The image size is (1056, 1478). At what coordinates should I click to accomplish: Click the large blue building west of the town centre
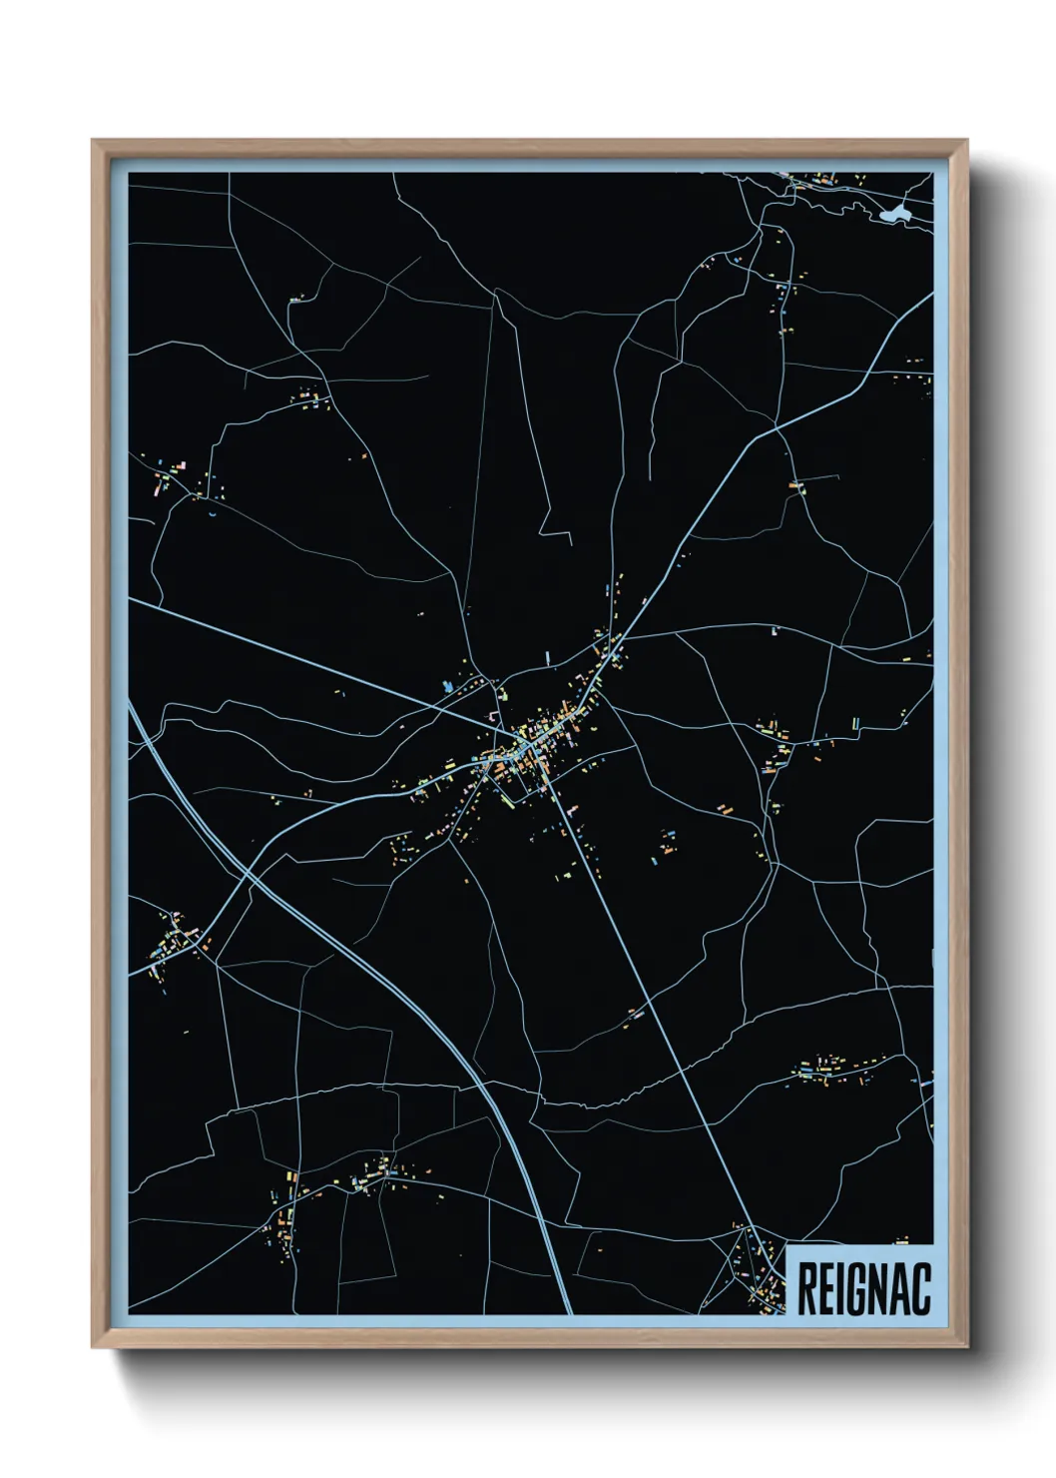tap(448, 687)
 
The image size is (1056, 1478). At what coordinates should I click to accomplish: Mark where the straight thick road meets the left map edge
tap(131, 599)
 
